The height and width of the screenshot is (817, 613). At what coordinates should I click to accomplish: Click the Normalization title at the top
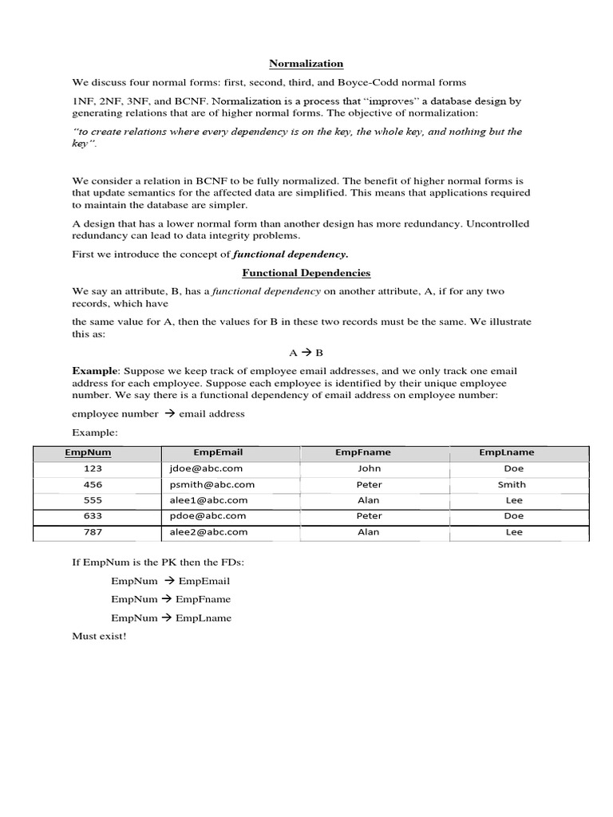click(x=306, y=63)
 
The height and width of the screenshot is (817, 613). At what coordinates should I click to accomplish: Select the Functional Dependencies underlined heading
click(x=306, y=273)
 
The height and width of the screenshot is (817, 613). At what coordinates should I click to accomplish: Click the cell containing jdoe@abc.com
click(x=206, y=469)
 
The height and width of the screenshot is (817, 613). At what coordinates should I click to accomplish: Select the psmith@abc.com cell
click(x=212, y=484)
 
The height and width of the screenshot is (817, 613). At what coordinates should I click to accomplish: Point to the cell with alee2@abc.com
click(x=208, y=531)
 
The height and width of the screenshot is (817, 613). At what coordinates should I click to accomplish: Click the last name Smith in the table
click(x=512, y=484)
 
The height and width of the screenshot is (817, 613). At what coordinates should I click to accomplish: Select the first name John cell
click(x=369, y=469)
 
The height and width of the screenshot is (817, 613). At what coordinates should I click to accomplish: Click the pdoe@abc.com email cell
click(x=207, y=516)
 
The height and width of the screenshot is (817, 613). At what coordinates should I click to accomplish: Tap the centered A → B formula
click(x=306, y=352)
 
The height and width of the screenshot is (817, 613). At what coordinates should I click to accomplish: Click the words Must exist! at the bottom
click(x=99, y=636)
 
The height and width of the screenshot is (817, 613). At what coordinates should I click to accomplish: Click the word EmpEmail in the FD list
click(x=204, y=581)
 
